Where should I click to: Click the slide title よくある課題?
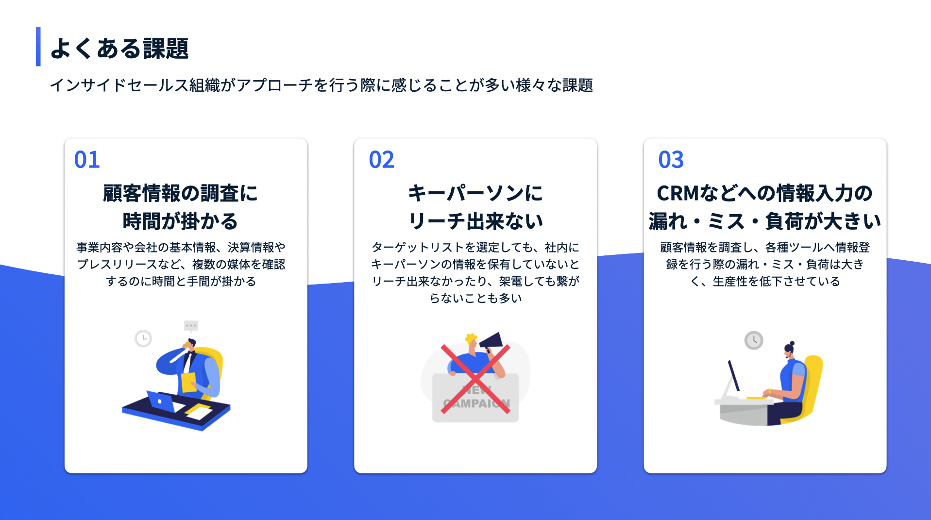pyautogui.click(x=119, y=49)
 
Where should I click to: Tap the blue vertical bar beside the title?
pyautogui.click(x=38, y=47)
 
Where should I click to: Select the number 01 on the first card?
pyautogui.click(x=87, y=160)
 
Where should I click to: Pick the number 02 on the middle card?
pyautogui.click(x=381, y=160)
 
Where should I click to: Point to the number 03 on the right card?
pyautogui.click(x=671, y=160)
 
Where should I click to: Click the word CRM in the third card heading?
pyautogui.click(x=677, y=193)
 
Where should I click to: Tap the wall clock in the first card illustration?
pyautogui.click(x=143, y=338)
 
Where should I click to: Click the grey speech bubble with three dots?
pyautogui.click(x=191, y=325)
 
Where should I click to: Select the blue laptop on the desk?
pyautogui.click(x=161, y=401)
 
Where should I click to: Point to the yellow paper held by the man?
pyautogui.click(x=188, y=382)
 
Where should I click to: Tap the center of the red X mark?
pyautogui.click(x=475, y=379)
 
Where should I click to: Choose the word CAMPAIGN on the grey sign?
pyautogui.click(x=476, y=403)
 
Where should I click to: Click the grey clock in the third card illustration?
pyautogui.click(x=754, y=340)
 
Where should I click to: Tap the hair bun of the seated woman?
pyautogui.click(x=792, y=343)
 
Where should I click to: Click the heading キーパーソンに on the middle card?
pyautogui.click(x=475, y=193)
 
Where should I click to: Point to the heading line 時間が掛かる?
pyautogui.click(x=180, y=221)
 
